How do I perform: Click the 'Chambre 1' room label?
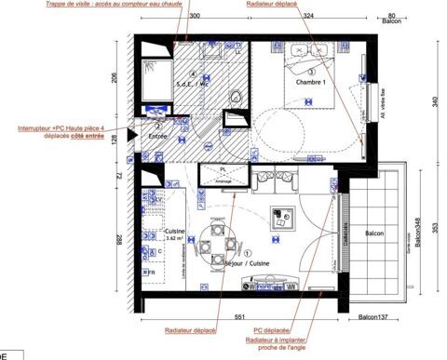pos(310,83)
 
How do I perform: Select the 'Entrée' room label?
pos(158,137)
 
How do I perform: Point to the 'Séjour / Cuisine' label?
pos(250,263)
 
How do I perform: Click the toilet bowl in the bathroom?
pos(236,94)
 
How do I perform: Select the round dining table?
pos(218,247)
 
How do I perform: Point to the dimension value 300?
pos(195,17)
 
